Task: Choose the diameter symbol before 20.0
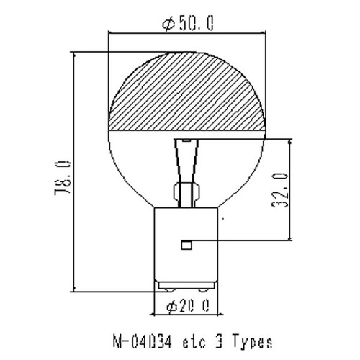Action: pyautogui.click(x=171, y=307)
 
